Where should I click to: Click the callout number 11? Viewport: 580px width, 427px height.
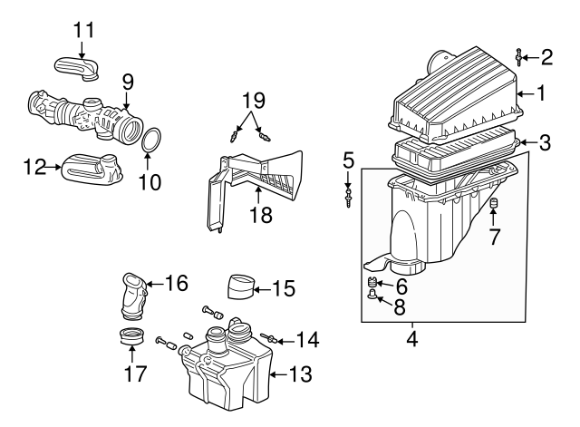click(84, 30)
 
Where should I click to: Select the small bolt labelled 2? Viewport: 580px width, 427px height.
click(519, 57)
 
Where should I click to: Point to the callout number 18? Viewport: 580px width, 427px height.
click(261, 215)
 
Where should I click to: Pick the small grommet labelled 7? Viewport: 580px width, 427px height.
click(493, 203)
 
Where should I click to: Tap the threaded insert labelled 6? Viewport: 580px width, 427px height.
click(372, 283)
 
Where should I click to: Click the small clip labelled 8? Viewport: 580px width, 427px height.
click(372, 295)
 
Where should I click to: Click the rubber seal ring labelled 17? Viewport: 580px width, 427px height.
click(132, 336)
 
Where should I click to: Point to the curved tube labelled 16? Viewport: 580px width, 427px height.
click(134, 296)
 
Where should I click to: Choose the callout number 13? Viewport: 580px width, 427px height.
click(300, 374)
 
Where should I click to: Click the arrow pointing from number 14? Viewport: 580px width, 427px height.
click(285, 341)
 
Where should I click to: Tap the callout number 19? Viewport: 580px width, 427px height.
click(254, 101)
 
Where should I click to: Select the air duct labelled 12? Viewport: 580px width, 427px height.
click(92, 170)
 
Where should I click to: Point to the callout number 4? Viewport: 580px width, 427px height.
click(412, 338)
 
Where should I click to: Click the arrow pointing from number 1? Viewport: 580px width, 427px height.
click(526, 94)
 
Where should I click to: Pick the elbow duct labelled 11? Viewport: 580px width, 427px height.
click(76, 69)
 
